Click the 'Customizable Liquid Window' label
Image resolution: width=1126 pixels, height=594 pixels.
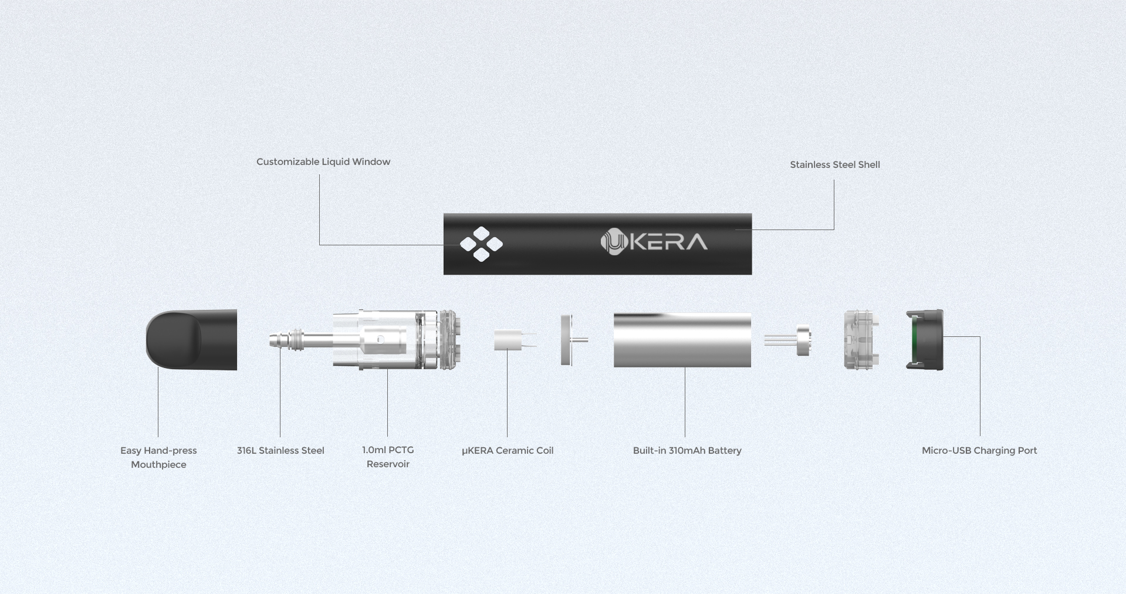click(x=323, y=161)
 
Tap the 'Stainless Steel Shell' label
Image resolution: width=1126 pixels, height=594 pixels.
click(x=835, y=164)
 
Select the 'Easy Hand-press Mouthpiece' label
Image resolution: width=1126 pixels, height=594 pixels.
click(x=158, y=457)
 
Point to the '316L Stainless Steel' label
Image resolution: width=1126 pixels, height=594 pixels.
click(x=280, y=450)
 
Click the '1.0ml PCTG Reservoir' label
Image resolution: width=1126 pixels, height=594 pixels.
click(x=388, y=457)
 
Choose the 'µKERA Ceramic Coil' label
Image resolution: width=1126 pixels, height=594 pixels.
click(x=508, y=450)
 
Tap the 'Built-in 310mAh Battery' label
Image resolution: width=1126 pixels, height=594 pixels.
click(x=687, y=450)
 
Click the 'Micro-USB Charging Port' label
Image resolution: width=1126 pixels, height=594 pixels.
click(x=979, y=450)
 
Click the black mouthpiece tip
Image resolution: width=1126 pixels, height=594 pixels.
click(x=191, y=340)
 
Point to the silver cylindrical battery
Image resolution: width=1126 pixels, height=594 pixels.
click(x=682, y=340)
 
